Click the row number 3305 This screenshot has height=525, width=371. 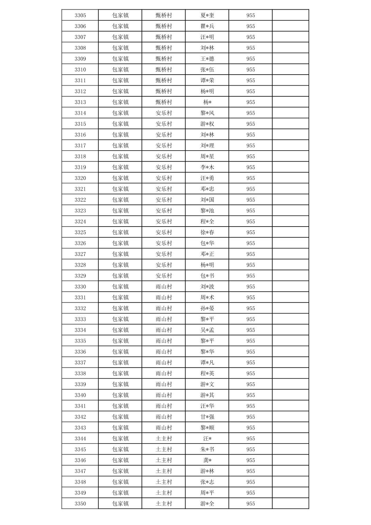(80, 15)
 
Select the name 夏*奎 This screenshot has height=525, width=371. (207, 15)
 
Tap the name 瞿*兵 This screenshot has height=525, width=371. (207, 26)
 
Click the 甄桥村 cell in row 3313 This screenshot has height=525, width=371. (164, 102)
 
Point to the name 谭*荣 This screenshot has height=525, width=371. (207, 80)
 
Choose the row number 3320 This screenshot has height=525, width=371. (80, 178)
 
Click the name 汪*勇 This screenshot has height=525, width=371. (207, 178)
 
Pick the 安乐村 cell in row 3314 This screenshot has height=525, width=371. (164, 113)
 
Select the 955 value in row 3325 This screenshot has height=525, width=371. (251, 232)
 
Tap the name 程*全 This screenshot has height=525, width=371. (207, 221)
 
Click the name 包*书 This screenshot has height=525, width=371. (207, 276)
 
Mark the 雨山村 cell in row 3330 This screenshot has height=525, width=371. (164, 287)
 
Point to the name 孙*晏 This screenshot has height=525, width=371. (207, 308)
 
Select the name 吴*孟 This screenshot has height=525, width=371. (207, 330)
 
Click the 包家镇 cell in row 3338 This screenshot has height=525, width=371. (120, 373)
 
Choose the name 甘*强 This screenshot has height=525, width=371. (207, 417)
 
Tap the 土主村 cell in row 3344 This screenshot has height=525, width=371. (164, 439)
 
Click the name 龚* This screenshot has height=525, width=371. (207, 460)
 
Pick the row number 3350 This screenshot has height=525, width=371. (80, 504)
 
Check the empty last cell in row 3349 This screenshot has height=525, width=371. (291, 493)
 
